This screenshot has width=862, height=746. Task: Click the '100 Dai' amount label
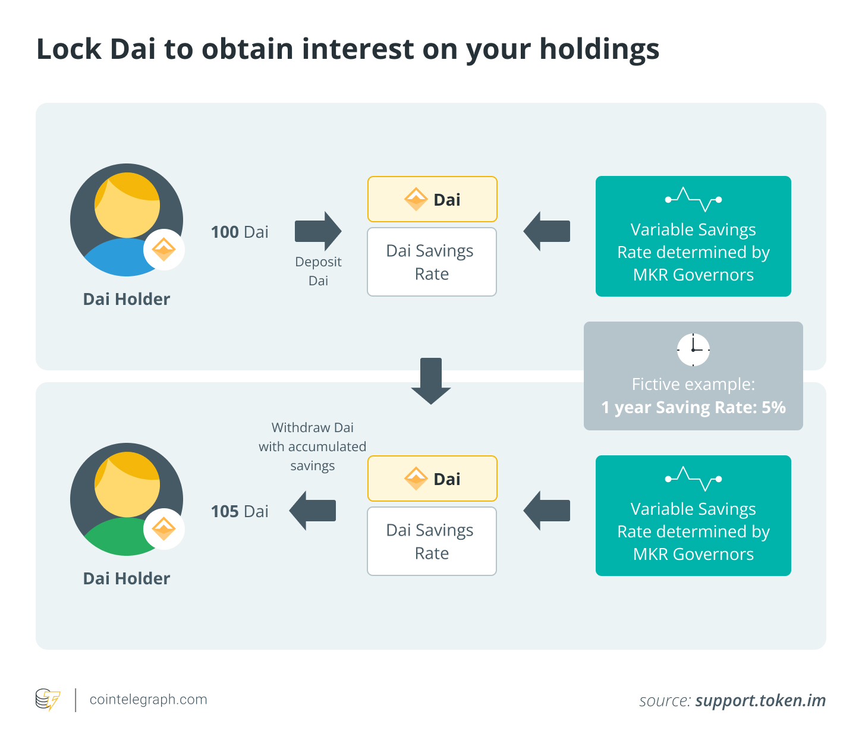pos(240,232)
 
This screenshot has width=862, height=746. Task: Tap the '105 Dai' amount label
pos(240,511)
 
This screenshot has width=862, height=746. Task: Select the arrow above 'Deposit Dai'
pos(317,231)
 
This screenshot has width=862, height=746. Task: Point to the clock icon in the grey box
pos(693,350)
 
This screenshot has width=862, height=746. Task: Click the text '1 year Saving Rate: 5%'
pos(693,408)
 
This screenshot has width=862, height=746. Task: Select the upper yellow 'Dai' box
pos(432,199)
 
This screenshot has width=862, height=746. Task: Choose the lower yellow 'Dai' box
pos(432,479)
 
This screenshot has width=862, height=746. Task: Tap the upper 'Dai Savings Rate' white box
pos(432,262)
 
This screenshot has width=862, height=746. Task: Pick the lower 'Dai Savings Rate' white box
pos(432,542)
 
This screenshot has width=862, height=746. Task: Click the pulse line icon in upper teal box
pos(693,199)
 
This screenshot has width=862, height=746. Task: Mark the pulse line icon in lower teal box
pos(693,479)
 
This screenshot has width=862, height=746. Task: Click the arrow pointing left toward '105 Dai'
pos(313,511)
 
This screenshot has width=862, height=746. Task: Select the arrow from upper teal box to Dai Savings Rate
pos(546,231)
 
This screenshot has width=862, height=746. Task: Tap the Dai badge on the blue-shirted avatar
pos(164,250)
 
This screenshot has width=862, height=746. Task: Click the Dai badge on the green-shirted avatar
pos(164,529)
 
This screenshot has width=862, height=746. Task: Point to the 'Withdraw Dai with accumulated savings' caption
pos(313,446)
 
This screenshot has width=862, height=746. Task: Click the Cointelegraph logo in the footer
pos(48,700)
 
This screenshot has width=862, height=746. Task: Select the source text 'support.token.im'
pos(760,701)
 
